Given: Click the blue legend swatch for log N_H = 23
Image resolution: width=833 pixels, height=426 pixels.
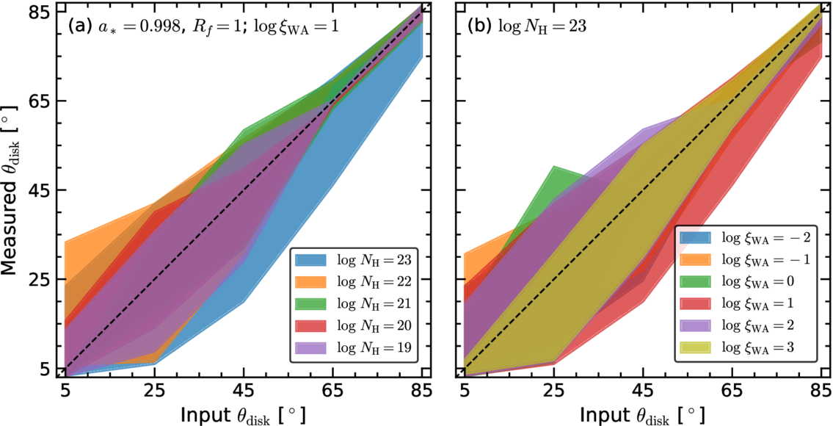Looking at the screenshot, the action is (x=311, y=259).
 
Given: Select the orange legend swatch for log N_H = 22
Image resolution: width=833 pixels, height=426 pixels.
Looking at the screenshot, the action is (x=311, y=281).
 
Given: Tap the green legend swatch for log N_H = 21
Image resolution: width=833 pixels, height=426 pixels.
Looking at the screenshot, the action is (x=311, y=303).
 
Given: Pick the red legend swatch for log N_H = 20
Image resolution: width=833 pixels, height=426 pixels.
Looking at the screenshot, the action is (x=311, y=325).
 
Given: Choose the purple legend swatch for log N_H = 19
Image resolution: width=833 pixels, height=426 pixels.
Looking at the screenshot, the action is (x=311, y=346).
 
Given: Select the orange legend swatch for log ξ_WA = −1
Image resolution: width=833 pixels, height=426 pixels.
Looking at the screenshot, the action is (x=696, y=259).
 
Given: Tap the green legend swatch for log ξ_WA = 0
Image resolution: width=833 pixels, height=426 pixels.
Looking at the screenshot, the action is (x=696, y=281).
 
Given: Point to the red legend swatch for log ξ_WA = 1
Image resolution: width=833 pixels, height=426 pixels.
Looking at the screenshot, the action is (x=696, y=303).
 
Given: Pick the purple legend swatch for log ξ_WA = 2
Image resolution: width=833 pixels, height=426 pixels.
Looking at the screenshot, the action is (x=696, y=325).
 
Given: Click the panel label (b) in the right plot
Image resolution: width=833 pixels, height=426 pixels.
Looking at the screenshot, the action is (x=480, y=26).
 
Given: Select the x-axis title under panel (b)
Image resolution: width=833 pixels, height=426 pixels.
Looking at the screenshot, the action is (x=643, y=414).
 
